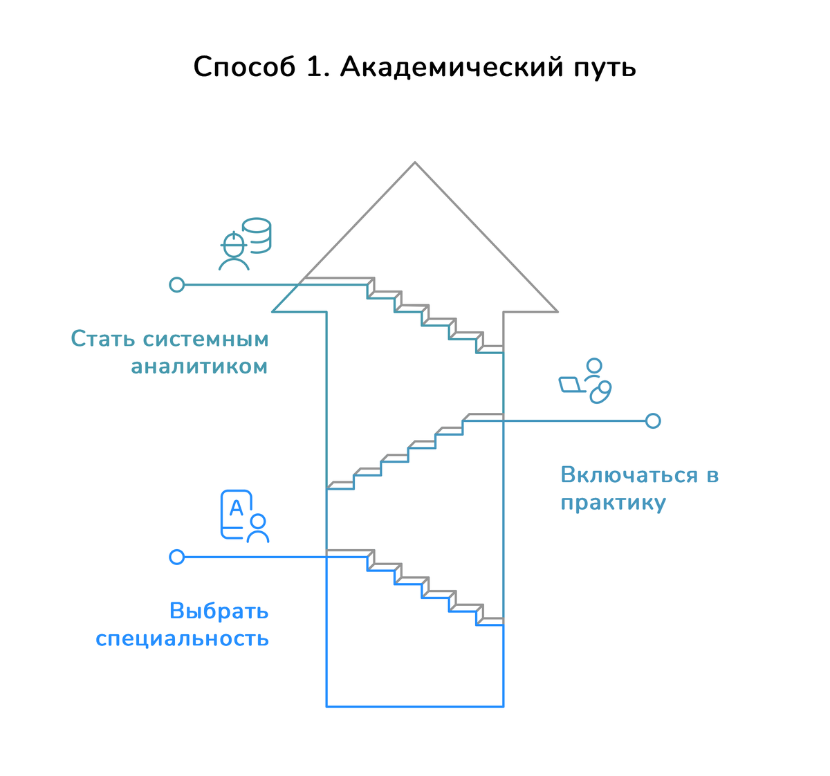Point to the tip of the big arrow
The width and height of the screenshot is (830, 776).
coord(415,164)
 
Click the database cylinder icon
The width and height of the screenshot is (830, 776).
coord(257,235)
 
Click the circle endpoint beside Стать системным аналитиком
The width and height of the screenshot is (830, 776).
coord(177,284)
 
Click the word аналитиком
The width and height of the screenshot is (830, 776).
coord(199,366)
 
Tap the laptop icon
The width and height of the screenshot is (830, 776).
coord(571,385)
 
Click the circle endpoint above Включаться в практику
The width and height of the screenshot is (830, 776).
coord(653,421)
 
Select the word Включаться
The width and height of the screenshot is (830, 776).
coord(629,475)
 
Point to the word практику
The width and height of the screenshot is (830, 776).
coord(613,503)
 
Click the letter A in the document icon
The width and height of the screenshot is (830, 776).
coord(236,508)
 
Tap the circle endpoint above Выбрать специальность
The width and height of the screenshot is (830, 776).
coord(177,557)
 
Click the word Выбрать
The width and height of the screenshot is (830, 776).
coord(219,611)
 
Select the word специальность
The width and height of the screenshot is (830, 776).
coord(182,638)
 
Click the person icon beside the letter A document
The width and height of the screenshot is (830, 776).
coord(258,528)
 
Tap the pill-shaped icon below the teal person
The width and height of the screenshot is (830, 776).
coord(600,393)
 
